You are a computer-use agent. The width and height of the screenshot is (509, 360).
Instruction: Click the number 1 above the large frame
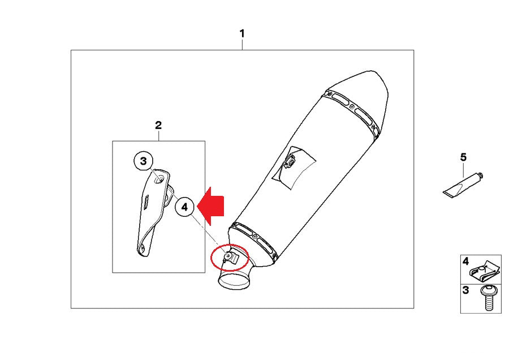click(x=242, y=34)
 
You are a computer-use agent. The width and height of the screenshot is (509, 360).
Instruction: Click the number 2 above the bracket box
click(x=158, y=125)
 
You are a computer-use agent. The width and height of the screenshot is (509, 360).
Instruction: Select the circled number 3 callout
click(x=144, y=161)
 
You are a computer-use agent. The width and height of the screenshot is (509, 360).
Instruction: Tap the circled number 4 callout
click(x=185, y=207)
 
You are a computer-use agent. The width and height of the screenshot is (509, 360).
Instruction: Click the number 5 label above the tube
click(x=463, y=157)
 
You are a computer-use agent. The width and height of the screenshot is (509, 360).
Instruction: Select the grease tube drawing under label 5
click(x=462, y=186)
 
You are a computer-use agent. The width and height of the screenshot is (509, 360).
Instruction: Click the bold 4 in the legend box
click(x=465, y=261)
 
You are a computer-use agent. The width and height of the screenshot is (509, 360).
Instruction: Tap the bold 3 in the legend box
click(x=465, y=290)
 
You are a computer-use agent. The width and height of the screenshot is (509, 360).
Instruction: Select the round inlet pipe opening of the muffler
click(x=235, y=281)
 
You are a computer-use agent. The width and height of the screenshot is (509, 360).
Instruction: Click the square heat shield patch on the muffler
click(x=294, y=168)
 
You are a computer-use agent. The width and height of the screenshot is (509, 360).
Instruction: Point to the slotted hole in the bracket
click(x=146, y=202)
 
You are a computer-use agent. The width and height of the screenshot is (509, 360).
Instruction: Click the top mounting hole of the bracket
click(x=159, y=179)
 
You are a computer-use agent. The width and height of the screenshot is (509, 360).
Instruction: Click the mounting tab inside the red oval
click(x=231, y=258)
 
